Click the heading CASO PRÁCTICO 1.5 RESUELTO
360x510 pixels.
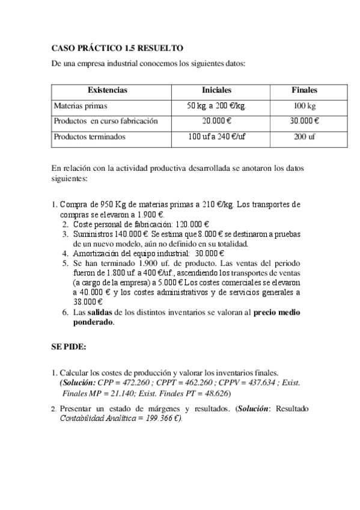click(117, 48)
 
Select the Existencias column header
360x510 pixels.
click(108, 90)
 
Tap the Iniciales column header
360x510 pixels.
click(217, 90)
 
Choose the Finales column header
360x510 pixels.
click(304, 90)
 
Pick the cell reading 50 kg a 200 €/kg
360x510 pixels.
click(217, 105)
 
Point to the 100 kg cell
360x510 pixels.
click(304, 105)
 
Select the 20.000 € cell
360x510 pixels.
click(217, 121)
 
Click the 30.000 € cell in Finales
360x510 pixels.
click(304, 121)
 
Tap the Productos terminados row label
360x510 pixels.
click(90, 137)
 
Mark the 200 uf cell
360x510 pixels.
click(304, 137)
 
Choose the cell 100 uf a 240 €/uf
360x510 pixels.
click(217, 137)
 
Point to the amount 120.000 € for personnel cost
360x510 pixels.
click(188, 224)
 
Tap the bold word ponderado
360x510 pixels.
click(93, 322)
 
